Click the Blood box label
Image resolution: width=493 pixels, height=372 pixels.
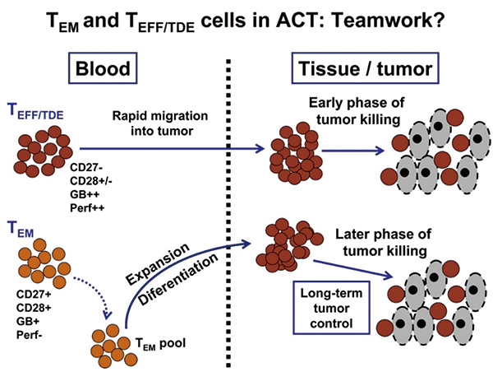click(x=103, y=68)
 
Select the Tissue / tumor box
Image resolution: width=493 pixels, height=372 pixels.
click(x=366, y=68)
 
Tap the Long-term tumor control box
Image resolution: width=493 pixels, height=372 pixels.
click(x=331, y=308)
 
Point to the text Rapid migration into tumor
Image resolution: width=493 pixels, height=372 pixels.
click(x=160, y=123)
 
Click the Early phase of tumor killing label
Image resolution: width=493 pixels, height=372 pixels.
click(x=357, y=111)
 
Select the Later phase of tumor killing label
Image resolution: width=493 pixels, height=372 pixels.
click(x=383, y=243)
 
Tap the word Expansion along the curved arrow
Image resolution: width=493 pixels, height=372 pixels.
click(x=157, y=264)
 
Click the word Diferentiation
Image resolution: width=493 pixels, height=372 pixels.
click(x=178, y=279)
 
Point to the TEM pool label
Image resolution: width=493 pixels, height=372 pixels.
click(x=160, y=343)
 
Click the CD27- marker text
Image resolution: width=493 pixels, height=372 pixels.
click(x=85, y=167)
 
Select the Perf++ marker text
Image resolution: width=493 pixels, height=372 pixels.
click(x=87, y=208)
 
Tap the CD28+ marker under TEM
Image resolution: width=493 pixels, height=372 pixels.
click(x=34, y=307)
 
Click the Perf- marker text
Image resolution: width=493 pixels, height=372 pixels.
click(x=30, y=334)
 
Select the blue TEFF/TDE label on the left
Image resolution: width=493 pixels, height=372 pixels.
click(x=35, y=112)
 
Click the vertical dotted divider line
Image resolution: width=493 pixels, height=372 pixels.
click(x=228, y=213)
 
